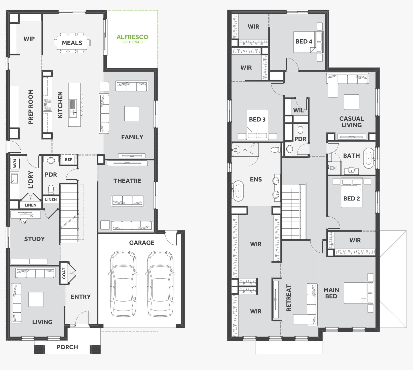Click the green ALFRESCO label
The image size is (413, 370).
[132, 37]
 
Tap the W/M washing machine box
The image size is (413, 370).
[15, 164]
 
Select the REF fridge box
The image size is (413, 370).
[68, 159]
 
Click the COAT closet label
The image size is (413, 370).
[64, 273]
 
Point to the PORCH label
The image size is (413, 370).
[67, 347]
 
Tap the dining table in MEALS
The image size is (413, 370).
[72, 43]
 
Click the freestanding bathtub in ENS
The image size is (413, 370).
[238, 191]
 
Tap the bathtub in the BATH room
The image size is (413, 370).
[369, 158]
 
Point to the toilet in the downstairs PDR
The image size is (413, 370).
[51, 189]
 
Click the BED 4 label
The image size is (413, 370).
[304, 42]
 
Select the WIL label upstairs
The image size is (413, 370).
[299, 110]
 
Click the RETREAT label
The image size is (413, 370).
[288, 298]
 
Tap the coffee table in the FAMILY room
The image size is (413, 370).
[132, 114]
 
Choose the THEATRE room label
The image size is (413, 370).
[127, 181]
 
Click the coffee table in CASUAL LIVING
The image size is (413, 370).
[352, 102]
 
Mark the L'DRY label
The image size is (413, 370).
[31, 180]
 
